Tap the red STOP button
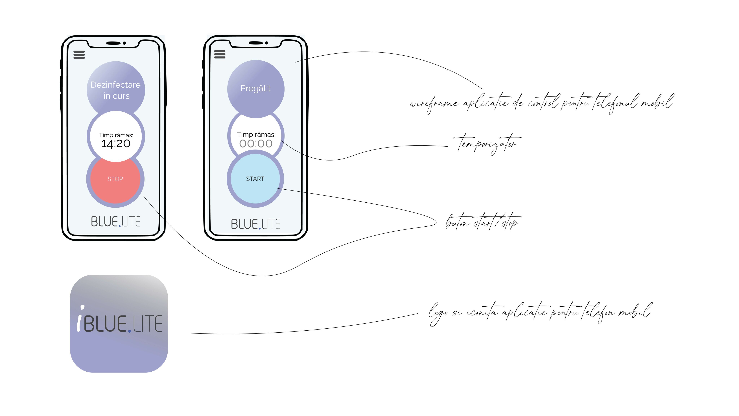point(115,179)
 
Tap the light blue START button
point(255,179)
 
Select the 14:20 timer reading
point(116,144)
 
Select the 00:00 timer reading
point(256,144)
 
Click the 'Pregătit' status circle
point(256,89)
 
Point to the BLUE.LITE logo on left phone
point(116,222)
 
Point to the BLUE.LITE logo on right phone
point(256,224)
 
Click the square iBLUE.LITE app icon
point(119,324)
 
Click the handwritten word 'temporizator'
point(487,144)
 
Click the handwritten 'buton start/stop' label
point(483,222)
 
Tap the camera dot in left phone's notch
point(124,43)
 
